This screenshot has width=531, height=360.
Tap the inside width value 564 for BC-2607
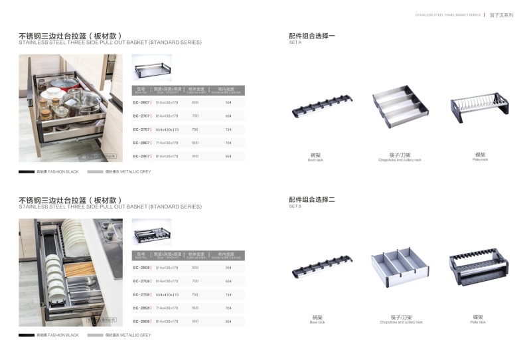click(x=228, y=103)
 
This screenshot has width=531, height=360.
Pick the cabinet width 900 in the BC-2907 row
click(x=195, y=156)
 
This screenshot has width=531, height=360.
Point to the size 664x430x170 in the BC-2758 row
click(x=167, y=294)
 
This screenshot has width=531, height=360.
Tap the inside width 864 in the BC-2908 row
click(x=228, y=321)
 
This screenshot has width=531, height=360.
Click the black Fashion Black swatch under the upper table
click(x=27, y=171)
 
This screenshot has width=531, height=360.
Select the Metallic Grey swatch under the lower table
click(x=95, y=335)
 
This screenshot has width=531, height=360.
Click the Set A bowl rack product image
click(x=323, y=106)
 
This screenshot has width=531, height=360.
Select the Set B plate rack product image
click(x=479, y=268)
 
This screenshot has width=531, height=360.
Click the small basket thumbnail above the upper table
click(x=151, y=68)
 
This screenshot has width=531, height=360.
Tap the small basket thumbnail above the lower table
click(x=151, y=232)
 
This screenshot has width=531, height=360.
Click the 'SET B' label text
click(x=295, y=207)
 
